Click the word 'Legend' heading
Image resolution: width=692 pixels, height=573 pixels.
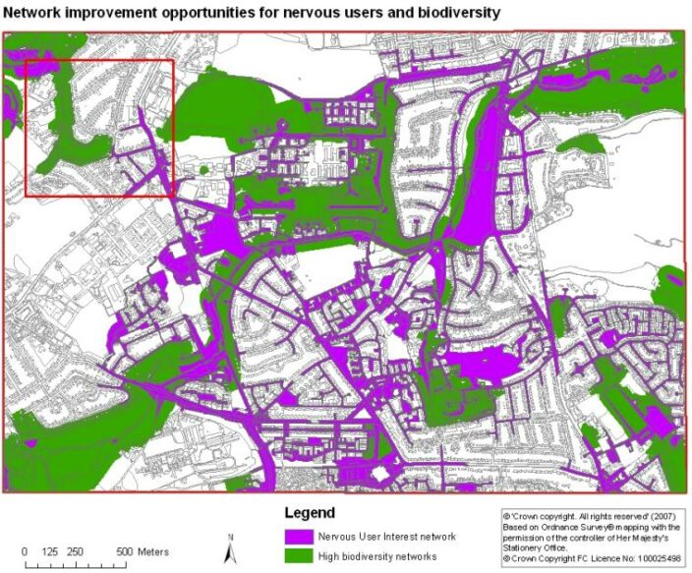310,513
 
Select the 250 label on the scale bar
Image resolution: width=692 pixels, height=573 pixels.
74,550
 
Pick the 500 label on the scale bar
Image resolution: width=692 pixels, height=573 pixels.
124,550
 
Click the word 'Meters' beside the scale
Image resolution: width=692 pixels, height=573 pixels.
154,550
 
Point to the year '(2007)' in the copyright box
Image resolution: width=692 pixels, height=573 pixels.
660,514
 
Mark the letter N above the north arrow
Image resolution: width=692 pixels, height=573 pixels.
229,537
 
